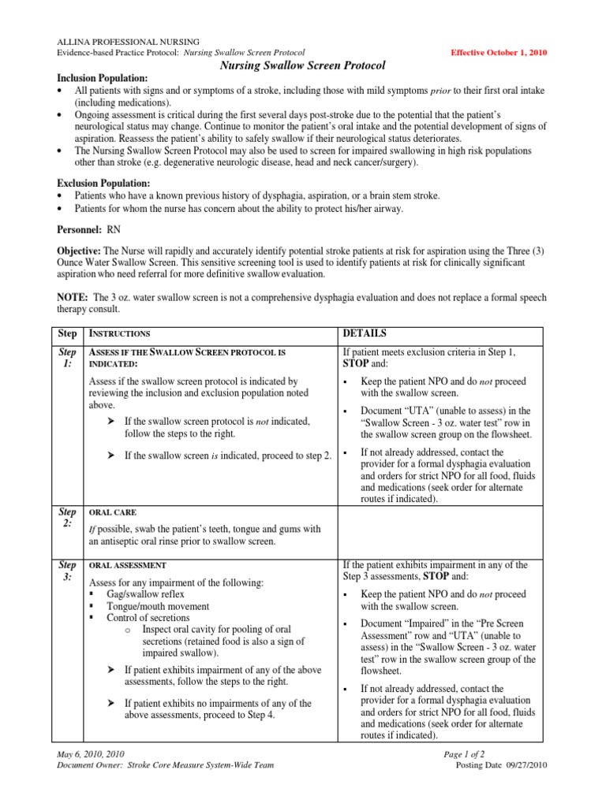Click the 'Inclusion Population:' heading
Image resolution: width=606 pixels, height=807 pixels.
(101, 80)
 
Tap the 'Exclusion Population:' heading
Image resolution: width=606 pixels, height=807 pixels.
(101, 183)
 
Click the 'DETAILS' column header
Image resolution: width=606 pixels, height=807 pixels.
(365, 333)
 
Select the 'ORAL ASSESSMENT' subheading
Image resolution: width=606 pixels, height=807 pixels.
(127, 565)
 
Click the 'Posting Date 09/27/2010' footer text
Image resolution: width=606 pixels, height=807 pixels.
(502, 765)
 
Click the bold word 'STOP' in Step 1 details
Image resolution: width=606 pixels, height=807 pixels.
(356, 365)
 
